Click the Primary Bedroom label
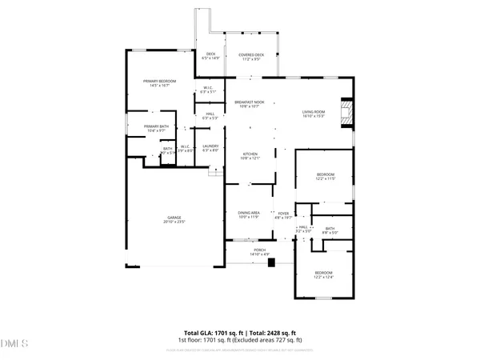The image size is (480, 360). (x=159, y=82)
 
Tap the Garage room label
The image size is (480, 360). (x=173, y=217)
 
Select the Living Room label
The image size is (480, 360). (x=313, y=111)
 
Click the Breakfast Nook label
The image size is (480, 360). (x=250, y=102)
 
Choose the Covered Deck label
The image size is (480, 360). (x=250, y=54)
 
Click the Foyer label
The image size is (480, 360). (x=283, y=212)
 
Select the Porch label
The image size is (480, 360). (x=260, y=250)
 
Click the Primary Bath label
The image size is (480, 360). (x=156, y=126)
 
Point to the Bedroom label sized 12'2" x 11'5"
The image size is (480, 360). (x=325, y=174)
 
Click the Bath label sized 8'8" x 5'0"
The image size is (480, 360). (x=330, y=230)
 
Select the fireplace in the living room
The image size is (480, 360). (x=346, y=112)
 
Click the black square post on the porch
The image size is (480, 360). (x=270, y=262)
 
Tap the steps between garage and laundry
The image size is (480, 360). (x=214, y=172)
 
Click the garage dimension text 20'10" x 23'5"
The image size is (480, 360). (x=173, y=221)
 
